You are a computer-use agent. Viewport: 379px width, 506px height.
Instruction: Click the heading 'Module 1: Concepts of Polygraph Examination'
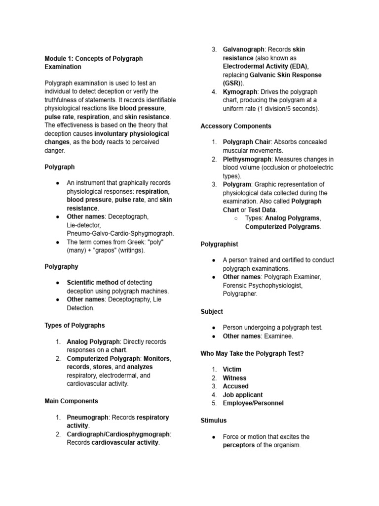(93, 62)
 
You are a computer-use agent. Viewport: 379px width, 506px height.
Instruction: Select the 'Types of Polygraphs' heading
(75, 325)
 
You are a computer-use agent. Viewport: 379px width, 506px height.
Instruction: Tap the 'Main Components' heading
(71, 401)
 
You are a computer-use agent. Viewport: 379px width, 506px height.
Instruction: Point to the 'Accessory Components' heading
(236, 126)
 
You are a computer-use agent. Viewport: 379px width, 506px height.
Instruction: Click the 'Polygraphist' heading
(219, 244)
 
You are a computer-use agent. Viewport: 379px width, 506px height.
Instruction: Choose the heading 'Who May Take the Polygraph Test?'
(252, 353)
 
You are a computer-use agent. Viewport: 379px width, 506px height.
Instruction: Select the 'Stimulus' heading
(214, 420)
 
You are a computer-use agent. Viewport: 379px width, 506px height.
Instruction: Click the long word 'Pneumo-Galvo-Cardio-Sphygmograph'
(120, 233)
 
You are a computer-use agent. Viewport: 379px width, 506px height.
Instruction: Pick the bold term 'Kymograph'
(240, 92)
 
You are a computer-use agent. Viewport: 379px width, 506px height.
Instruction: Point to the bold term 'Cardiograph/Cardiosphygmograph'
(118, 434)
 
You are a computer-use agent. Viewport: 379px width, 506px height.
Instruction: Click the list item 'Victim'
(232, 369)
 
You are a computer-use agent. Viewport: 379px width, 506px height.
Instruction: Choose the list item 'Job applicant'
(243, 395)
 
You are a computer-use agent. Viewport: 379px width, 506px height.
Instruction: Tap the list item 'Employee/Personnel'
(253, 403)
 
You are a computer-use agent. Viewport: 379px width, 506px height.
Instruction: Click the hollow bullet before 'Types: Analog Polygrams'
(236, 218)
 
